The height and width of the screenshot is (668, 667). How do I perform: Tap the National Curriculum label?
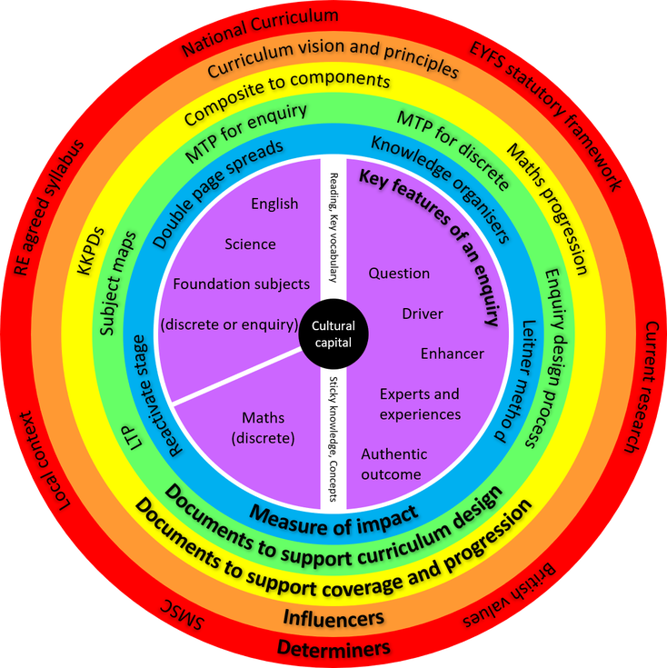[260, 33]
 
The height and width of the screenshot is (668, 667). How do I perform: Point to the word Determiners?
[333, 648]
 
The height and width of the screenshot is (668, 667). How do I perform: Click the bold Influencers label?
[333, 618]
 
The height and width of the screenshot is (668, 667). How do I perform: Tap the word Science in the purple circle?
[250, 244]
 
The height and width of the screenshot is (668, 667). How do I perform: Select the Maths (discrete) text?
[263, 428]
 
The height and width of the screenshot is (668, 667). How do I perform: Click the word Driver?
[423, 314]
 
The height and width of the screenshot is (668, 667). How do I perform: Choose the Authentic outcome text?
[393, 464]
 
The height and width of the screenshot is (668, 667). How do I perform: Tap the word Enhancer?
[452, 353]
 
